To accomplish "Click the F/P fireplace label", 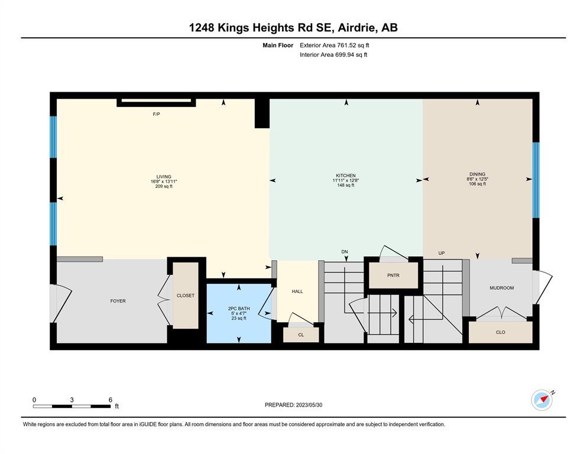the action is click(x=157, y=114).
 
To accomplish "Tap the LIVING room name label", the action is click(x=164, y=177).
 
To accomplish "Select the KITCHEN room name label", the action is click(x=346, y=176).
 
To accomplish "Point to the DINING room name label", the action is click(x=477, y=174).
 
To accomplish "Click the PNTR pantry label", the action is click(x=394, y=275).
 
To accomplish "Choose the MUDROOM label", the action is click(x=502, y=288).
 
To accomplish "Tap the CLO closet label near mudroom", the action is click(x=501, y=332).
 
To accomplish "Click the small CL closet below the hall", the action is click(x=301, y=335).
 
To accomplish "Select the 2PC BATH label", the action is click(x=239, y=309).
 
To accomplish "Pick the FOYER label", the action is click(x=118, y=301).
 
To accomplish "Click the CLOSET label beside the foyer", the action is click(x=186, y=296).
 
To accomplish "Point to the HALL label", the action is click(x=297, y=291).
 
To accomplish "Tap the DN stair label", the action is click(x=345, y=252).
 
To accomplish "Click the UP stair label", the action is click(x=442, y=254).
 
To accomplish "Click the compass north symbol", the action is click(x=543, y=400).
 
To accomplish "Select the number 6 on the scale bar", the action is click(x=111, y=400).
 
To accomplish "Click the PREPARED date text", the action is click(x=293, y=405).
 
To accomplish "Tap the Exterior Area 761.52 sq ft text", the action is click(x=335, y=46).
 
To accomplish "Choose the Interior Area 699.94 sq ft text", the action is click(x=333, y=54).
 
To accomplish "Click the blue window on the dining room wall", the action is click(x=536, y=180).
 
